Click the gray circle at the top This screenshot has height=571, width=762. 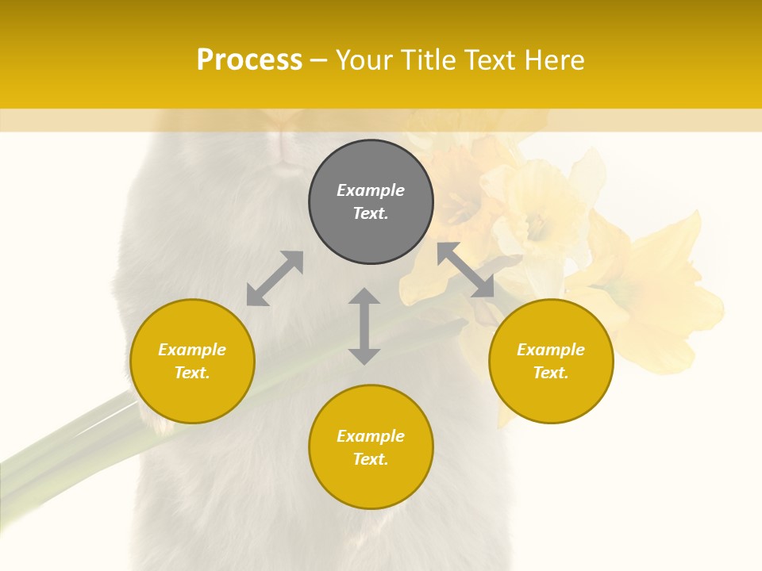click(371, 202)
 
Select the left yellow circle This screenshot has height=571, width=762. click(192, 361)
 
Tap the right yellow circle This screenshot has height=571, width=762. click(551, 361)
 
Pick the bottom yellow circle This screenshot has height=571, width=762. click(371, 447)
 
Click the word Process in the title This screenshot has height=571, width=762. click(249, 60)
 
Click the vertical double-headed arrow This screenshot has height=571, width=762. click(364, 326)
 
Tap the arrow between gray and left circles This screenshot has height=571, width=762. click(275, 278)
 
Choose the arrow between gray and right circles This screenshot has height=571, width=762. click(466, 270)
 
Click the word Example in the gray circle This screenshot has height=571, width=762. click(371, 190)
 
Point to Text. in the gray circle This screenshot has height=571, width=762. click(371, 213)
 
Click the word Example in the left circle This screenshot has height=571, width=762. click(192, 350)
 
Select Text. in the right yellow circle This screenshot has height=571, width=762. click(551, 373)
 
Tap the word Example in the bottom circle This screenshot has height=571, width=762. click(371, 436)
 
